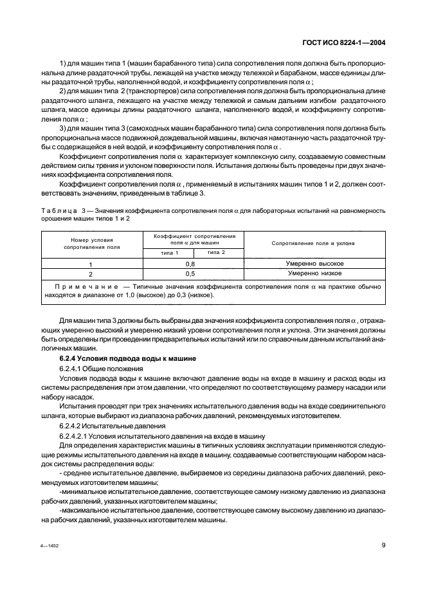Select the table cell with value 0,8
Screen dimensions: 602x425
pos(190,264)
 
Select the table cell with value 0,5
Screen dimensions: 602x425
pos(190,273)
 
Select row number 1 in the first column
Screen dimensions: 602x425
pos(90,264)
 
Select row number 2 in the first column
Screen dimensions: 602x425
pos(90,273)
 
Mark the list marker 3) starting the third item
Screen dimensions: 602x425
pos(62,128)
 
